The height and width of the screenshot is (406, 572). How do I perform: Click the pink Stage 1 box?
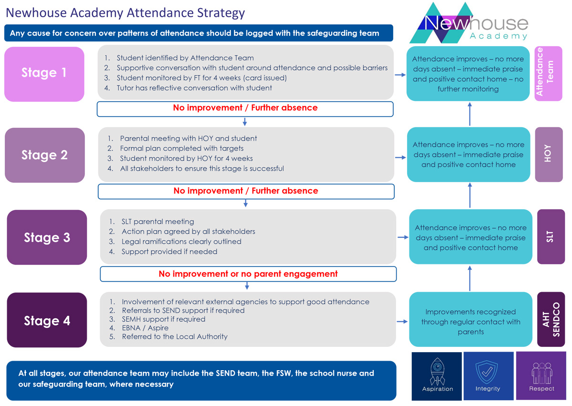pos(44,74)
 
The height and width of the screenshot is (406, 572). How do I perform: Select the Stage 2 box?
pos(45,155)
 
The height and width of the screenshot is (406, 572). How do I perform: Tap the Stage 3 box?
pos(47,237)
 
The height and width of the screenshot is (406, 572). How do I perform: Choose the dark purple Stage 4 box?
pos(47,320)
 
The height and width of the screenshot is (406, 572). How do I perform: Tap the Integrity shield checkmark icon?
pos(487,372)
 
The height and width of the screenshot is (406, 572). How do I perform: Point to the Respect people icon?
pos(542,373)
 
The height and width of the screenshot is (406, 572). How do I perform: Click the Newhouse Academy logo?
pos(469,23)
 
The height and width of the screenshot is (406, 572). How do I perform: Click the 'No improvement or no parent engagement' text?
pos(248,274)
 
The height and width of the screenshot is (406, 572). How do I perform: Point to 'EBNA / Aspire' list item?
pos(145,328)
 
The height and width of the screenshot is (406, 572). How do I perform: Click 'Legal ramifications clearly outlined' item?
pos(181,242)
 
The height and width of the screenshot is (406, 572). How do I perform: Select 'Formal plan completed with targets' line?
pos(182,148)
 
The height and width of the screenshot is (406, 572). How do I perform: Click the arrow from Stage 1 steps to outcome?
pos(400,75)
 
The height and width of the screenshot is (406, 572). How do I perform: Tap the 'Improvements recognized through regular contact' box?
pos(470,319)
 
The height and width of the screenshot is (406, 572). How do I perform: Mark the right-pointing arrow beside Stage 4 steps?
pos(402,322)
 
